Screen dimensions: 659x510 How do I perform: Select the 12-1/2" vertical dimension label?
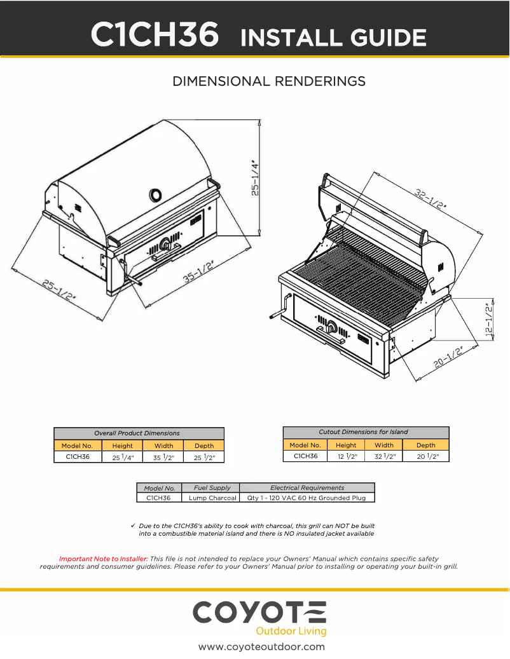[x=489, y=321]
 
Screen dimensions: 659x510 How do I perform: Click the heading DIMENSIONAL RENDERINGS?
[x=269, y=81]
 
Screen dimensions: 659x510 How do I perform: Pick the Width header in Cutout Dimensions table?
[x=384, y=445]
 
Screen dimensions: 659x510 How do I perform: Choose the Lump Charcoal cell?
[x=212, y=498]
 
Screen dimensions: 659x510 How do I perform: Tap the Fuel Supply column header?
[x=212, y=487]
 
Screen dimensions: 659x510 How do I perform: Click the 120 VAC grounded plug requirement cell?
[x=307, y=498]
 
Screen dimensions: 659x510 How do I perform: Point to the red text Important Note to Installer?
[x=103, y=559]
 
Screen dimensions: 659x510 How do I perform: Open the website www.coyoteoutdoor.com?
[x=261, y=647]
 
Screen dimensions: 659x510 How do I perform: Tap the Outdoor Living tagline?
[x=291, y=631]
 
